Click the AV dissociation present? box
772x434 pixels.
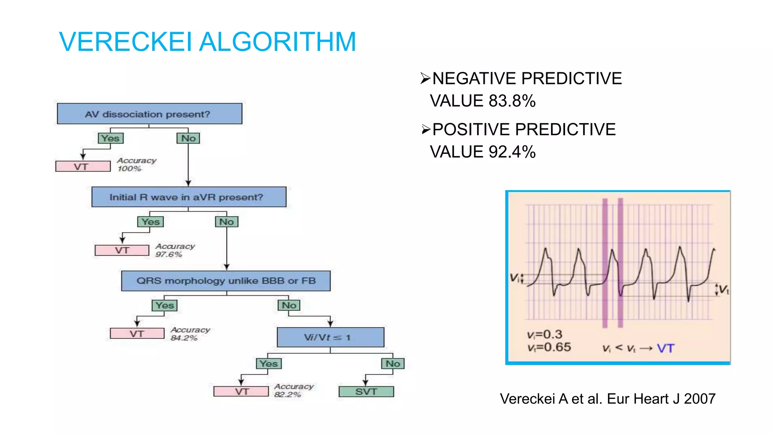click(x=149, y=114)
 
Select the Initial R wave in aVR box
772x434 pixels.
click(x=188, y=197)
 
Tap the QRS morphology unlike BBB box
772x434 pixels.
click(x=226, y=281)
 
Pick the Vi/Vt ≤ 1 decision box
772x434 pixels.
click(x=330, y=337)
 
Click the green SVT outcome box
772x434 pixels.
click(x=366, y=392)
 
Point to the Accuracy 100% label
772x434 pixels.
click(x=136, y=165)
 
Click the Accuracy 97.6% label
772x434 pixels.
click(x=175, y=250)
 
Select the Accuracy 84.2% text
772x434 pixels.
click(x=190, y=334)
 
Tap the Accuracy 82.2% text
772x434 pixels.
click(x=293, y=390)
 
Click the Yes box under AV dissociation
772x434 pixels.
click(x=110, y=138)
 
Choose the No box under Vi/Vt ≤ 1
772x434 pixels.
click(x=393, y=364)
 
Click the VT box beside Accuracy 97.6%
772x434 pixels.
click(x=122, y=250)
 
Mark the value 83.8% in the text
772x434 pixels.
click(x=512, y=101)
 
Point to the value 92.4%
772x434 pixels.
click(x=512, y=152)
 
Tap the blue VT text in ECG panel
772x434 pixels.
click(x=665, y=348)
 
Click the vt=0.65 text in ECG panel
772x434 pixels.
click(x=549, y=347)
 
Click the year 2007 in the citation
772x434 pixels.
click(x=700, y=399)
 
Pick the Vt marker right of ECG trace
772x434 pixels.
click(x=723, y=290)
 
